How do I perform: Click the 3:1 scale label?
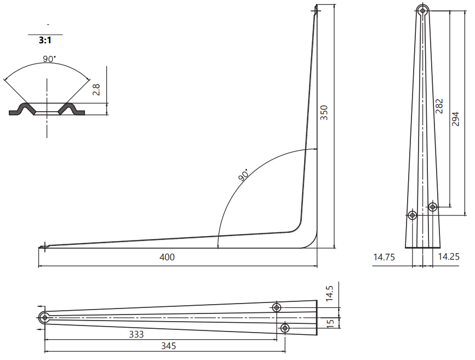[x=45, y=40]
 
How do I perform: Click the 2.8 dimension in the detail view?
[x=96, y=90]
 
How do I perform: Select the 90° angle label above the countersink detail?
[x=49, y=59]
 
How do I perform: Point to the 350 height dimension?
[x=324, y=113]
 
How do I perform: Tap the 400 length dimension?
[x=167, y=258]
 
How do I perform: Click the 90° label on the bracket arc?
[x=243, y=175]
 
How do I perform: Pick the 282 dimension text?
[x=439, y=106]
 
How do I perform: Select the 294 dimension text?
[x=455, y=119]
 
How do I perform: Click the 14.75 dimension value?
[x=384, y=258]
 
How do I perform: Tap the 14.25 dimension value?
[x=449, y=256]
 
